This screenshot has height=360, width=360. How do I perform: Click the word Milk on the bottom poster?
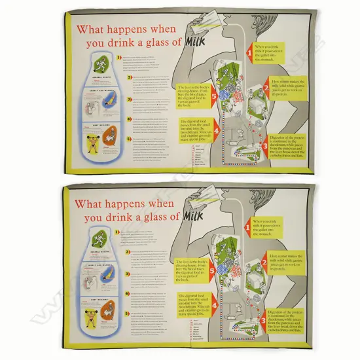point(198,216)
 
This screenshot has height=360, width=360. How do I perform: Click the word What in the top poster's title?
point(93,29)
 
